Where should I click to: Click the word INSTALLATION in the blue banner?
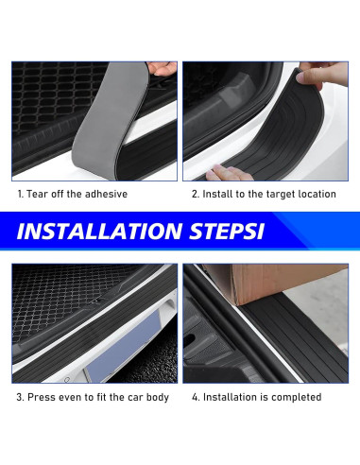99,232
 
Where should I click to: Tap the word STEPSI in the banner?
227,232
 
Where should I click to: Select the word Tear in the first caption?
37,194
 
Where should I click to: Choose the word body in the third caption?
158,397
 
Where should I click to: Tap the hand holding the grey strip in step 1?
163,68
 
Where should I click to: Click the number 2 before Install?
196,194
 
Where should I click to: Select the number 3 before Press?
20,397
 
